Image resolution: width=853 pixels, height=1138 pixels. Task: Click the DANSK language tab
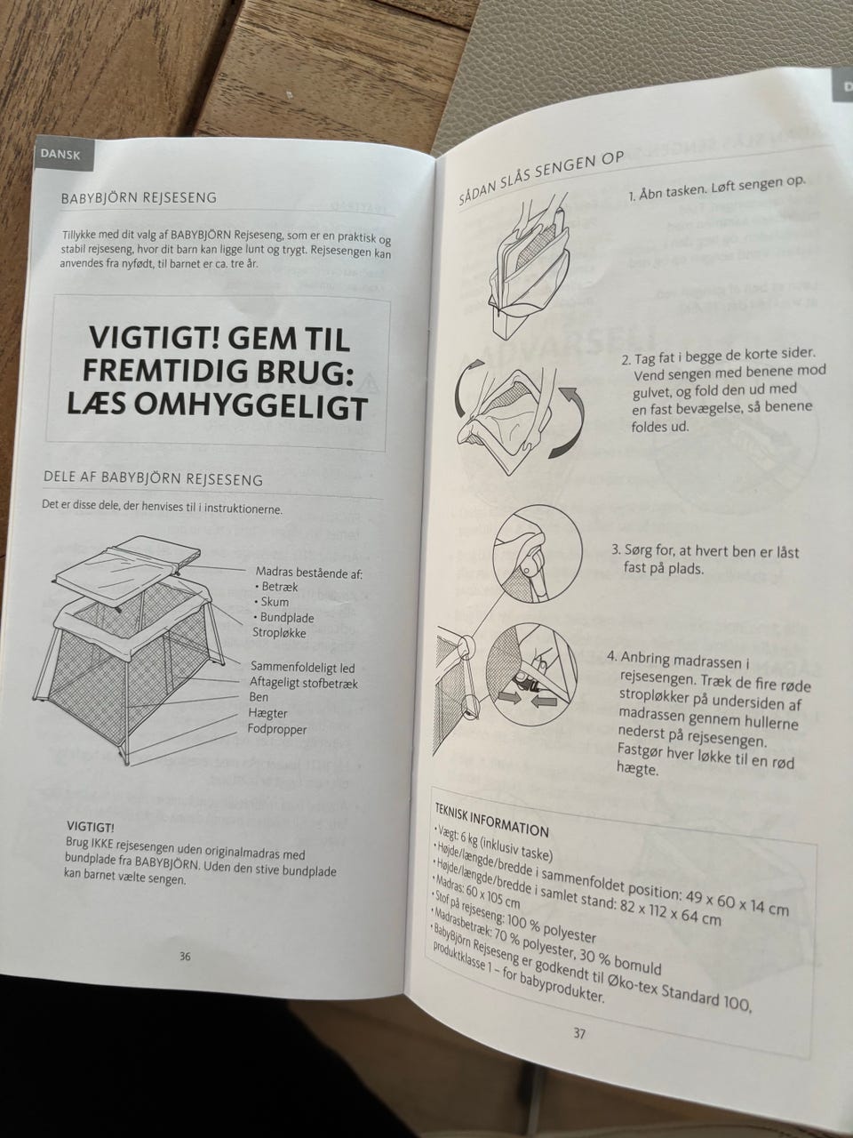pyautogui.click(x=60, y=154)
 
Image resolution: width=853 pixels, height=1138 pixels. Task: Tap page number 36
pyautogui.click(x=185, y=957)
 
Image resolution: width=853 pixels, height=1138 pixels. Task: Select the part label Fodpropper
pyautogui.click(x=277, y=729)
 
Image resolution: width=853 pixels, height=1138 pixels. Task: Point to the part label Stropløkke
pyautogui.click(x=279, y=633)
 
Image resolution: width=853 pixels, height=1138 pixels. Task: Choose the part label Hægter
pyautogui.click(x=267, y=713)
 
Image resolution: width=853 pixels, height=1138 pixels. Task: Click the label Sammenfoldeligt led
pyautogui.click(x=303, y=667)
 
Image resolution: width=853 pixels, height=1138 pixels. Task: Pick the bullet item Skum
pyautogui.click(x=272, y=602)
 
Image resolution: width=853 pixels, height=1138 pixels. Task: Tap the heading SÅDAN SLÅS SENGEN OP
pyautogui.click(x=540, y=177)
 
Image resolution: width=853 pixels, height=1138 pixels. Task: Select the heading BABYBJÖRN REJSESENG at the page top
pyautogui.click(x=139, y=198)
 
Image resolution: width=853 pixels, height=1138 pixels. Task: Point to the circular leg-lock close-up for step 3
pyautogui.click(x=537, y=554)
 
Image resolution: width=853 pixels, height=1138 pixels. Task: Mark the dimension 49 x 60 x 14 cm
pyautogui.click(x=737, y=902)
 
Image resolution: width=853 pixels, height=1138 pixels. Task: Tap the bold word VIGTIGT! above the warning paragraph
pyautogui.click(x=91, y=825)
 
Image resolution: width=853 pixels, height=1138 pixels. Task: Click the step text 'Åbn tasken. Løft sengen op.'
pyautogui.click(x=716, y=188)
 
